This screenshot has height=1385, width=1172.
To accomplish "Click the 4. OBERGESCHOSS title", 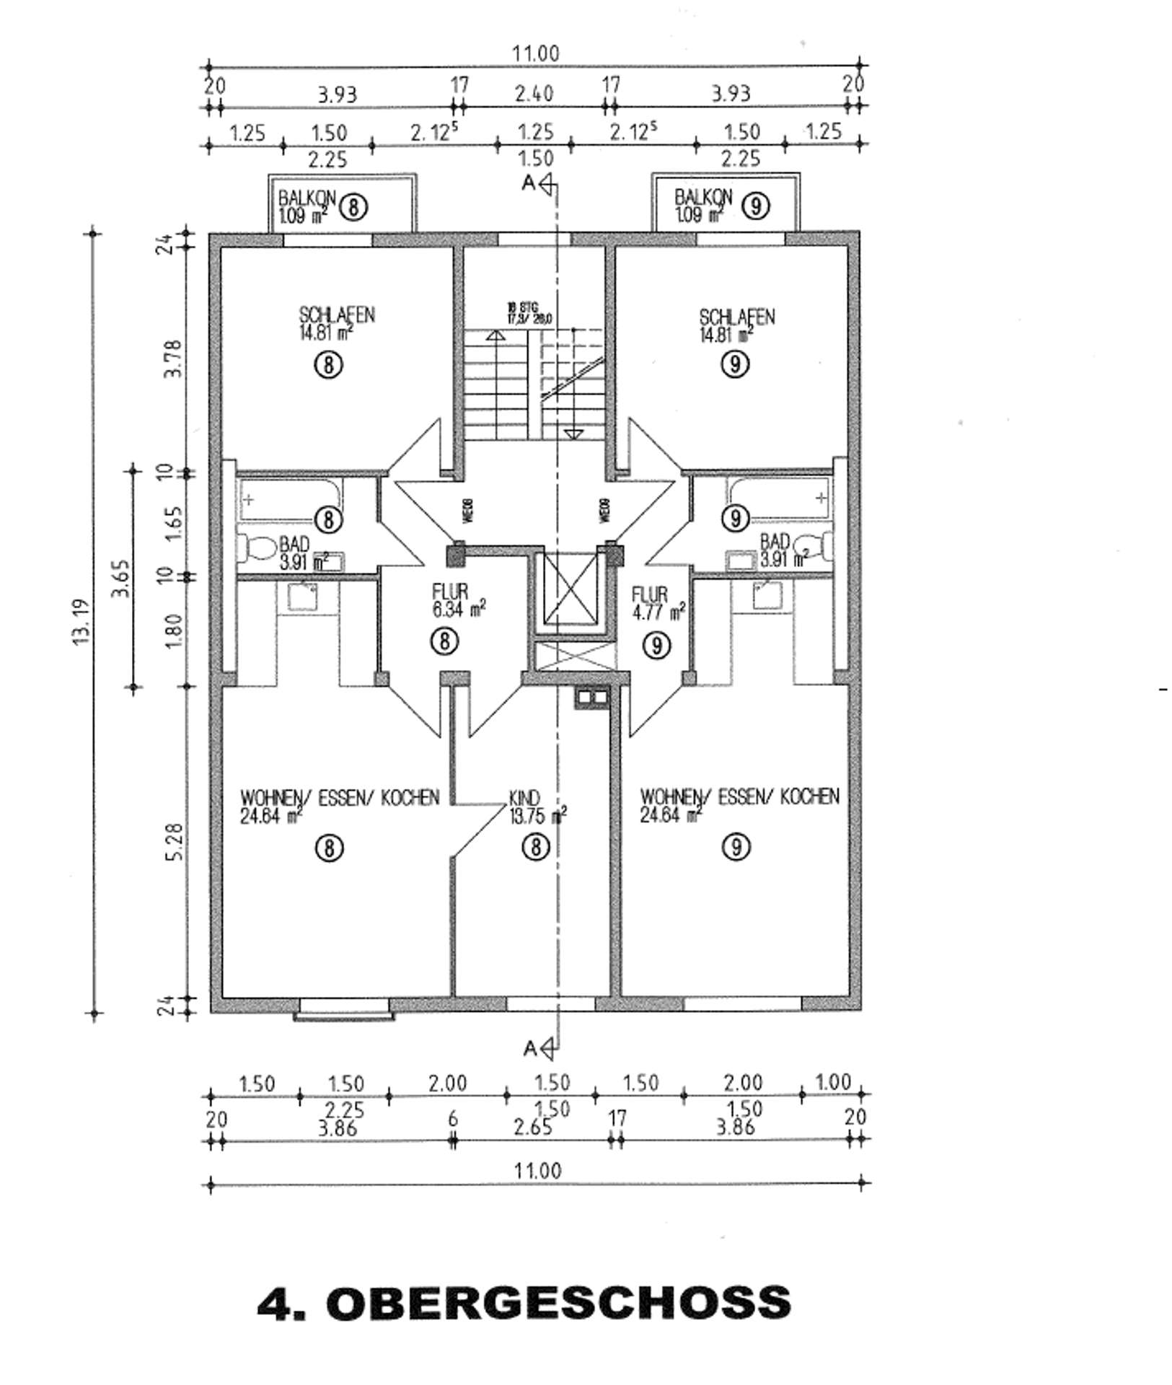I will (x=524, y=1302).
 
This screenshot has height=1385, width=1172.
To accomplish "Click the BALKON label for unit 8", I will (x=306, y=197).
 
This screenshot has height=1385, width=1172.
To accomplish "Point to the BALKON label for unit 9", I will (x=703, y=196).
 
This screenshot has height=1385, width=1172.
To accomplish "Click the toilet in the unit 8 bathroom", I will (x=255, y=550).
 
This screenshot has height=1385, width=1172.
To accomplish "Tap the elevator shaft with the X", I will (x=571, y=589).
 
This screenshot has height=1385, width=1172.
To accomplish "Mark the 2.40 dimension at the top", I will (x=534, y=94).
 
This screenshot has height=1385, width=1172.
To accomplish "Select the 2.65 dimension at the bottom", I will (x=533, y=1127).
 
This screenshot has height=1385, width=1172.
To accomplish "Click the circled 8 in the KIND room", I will (x=535, y=847).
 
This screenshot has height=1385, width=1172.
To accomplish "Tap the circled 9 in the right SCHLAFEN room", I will (x=735, y=364).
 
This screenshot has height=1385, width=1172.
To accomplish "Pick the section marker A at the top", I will (x=529, y=183).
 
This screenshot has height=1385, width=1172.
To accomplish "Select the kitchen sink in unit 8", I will (x=301, y=597).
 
